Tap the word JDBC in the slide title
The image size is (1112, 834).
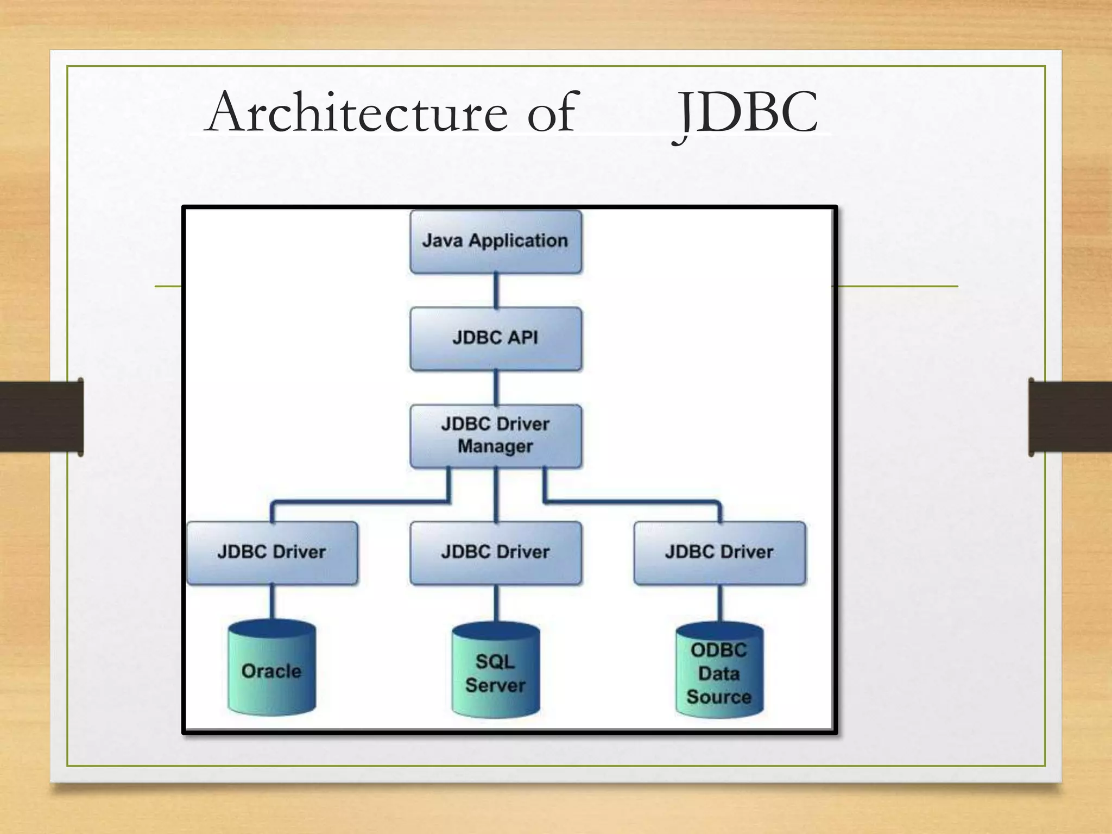746,112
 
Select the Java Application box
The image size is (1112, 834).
495,242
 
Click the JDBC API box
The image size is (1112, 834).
495,338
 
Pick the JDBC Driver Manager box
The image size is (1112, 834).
495,435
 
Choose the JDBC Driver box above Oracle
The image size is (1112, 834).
271,553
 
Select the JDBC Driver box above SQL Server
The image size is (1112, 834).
495,553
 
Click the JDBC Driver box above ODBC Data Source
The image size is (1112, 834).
719,553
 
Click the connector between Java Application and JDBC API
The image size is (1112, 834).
496,290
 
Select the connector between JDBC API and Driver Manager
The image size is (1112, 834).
496,388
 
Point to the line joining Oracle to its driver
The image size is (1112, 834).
272,602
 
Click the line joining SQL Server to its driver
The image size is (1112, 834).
496,603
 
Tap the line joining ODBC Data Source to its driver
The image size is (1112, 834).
720,603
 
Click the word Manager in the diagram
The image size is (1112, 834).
495,446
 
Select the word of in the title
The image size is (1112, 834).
551,112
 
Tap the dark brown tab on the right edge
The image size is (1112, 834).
1070,416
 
